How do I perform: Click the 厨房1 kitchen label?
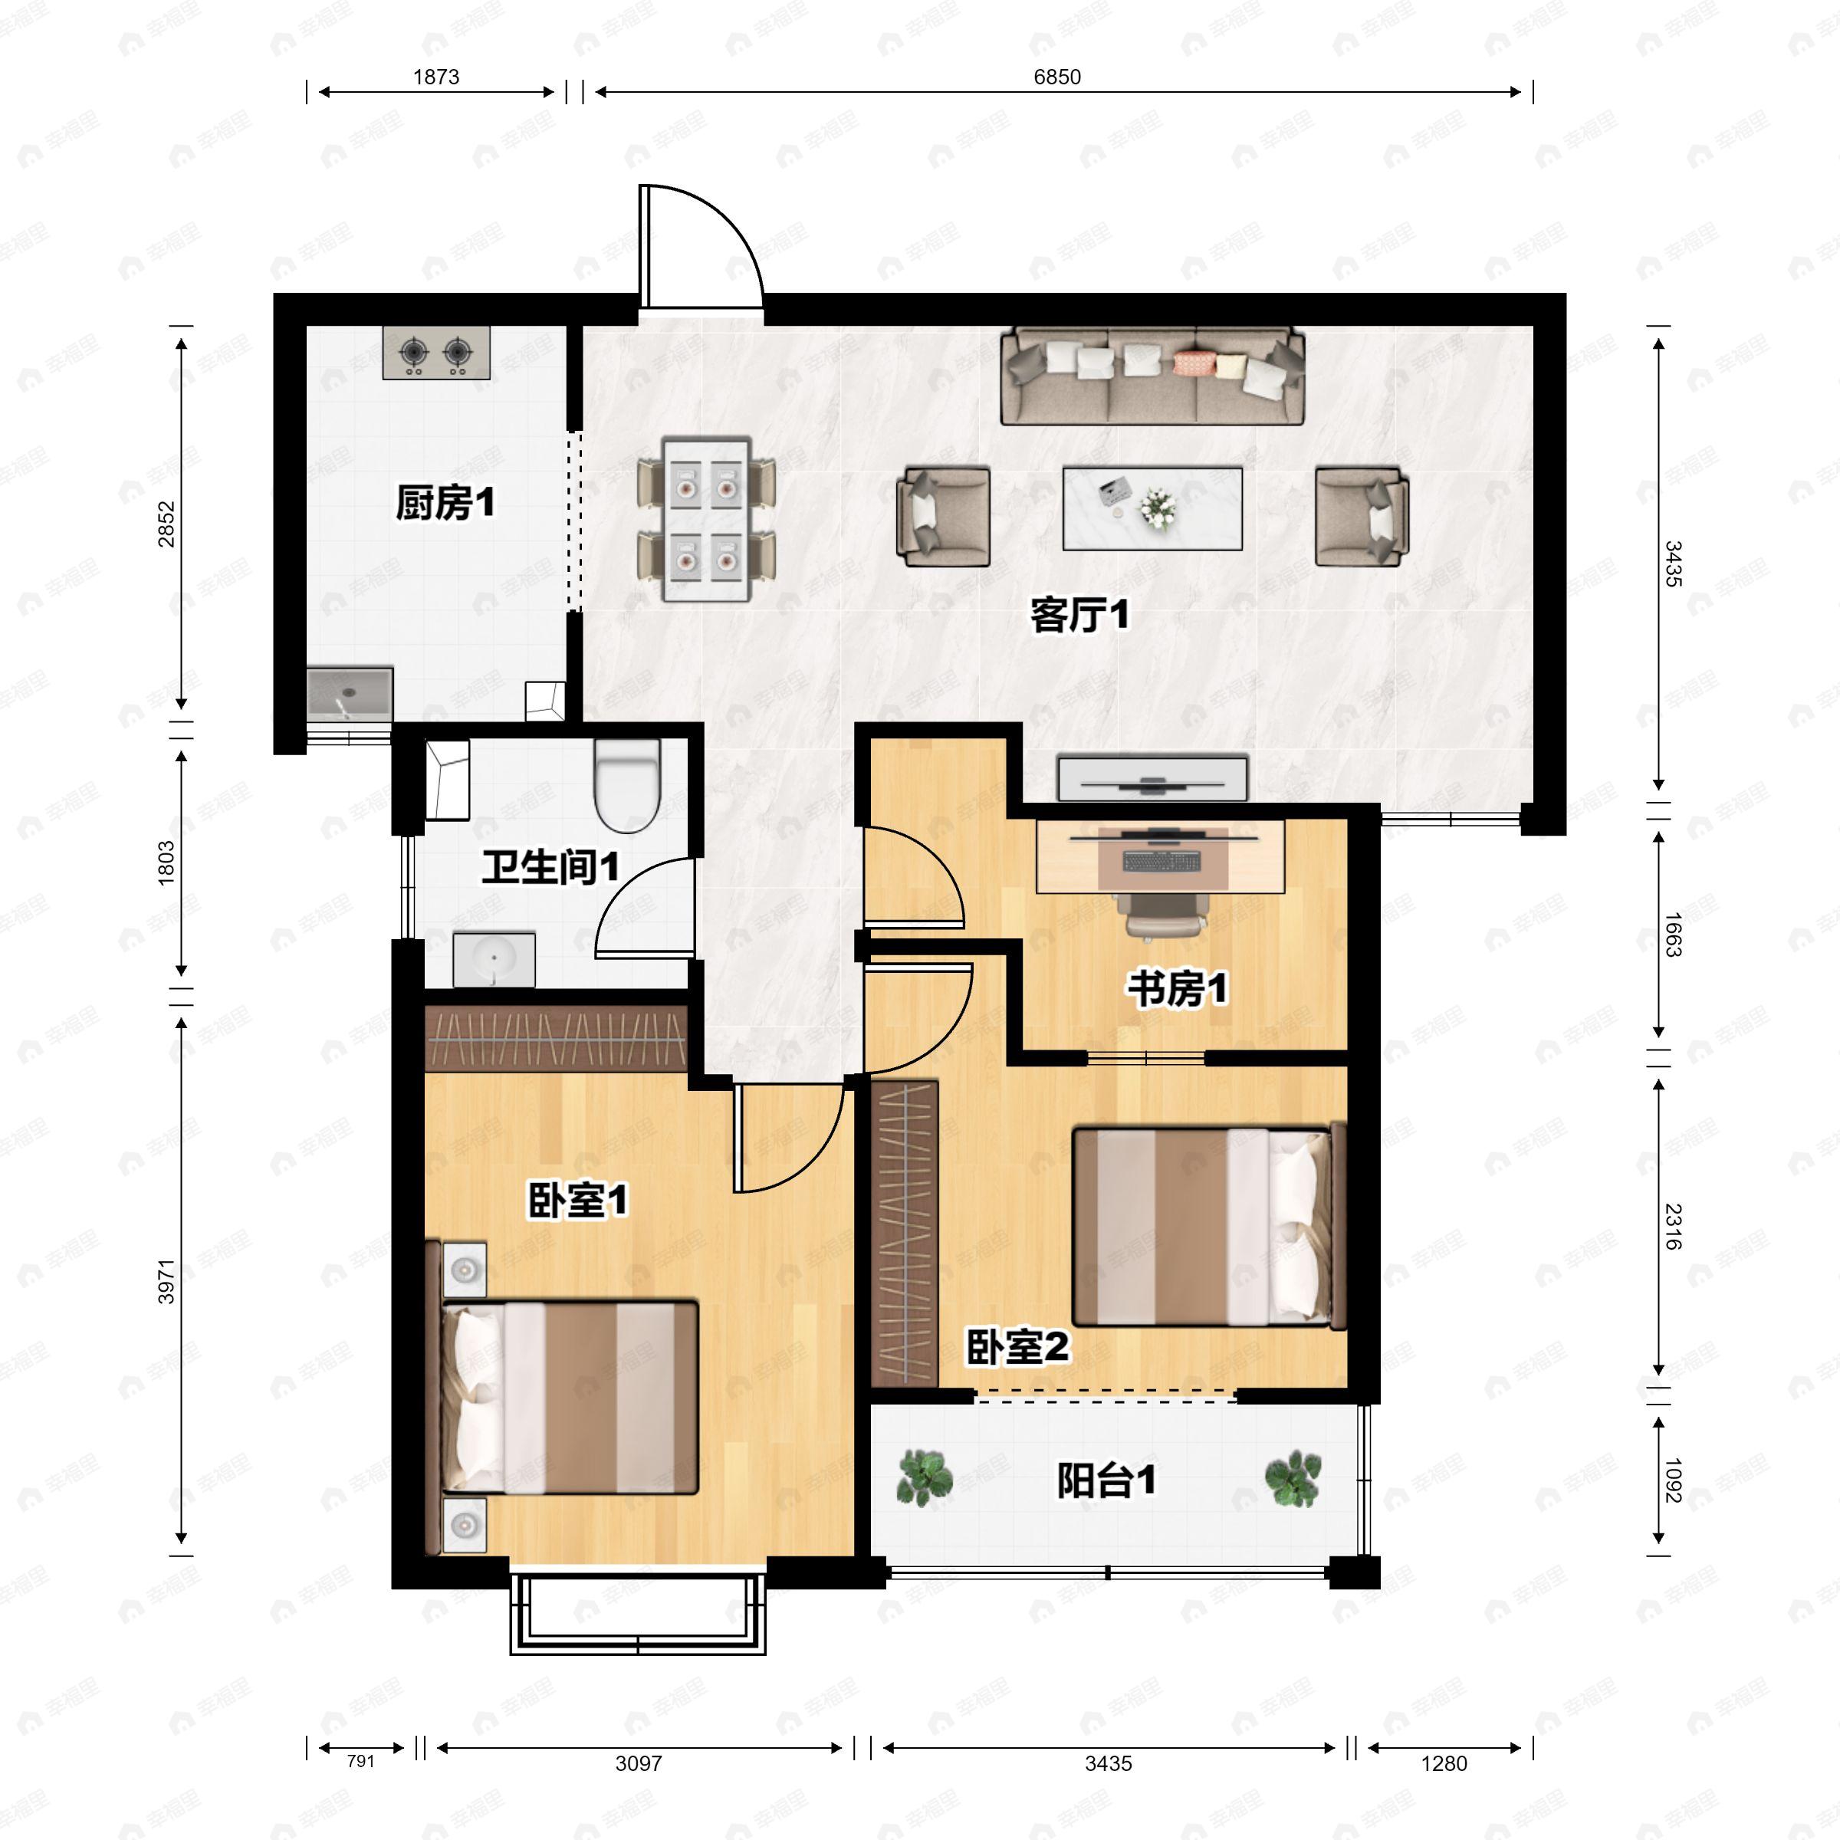point(445,503)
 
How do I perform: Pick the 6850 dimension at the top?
point(1057,77)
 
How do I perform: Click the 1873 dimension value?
point(436,77)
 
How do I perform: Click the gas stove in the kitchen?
point(436,353)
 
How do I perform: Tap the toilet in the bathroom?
point(626,786)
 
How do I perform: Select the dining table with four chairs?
point(707,519)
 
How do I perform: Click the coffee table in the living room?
point(1152,508)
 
